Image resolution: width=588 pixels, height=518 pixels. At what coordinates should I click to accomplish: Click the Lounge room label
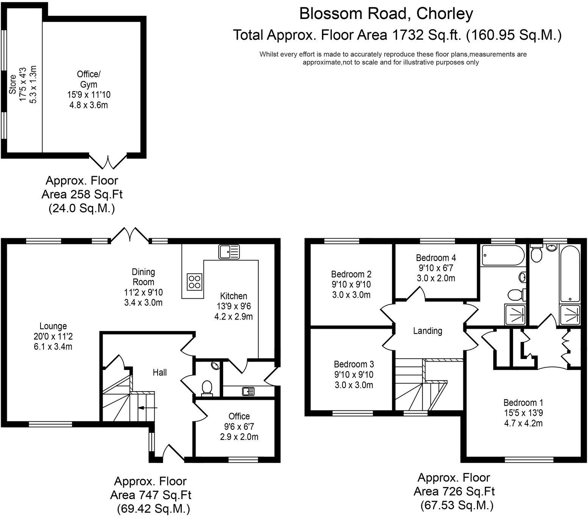53,326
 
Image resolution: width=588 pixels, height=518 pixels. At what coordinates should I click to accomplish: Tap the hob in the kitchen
194,281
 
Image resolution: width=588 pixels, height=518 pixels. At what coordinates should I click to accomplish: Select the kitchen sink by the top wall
229,252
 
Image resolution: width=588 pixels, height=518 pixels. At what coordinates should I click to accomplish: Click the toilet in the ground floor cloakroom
207,387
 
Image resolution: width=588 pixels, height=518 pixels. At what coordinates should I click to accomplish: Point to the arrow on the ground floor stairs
148,408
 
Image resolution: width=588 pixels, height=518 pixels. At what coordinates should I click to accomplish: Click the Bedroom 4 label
436,258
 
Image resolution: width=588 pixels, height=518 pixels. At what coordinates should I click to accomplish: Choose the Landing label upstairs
427,331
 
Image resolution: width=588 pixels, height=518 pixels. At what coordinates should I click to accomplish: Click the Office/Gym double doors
108,162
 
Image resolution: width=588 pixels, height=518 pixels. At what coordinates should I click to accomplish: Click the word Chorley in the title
444,14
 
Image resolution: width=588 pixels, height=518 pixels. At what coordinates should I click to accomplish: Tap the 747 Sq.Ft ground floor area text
150,495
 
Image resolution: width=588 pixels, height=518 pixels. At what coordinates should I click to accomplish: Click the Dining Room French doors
130,234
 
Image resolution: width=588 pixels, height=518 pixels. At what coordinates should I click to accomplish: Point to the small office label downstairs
239,416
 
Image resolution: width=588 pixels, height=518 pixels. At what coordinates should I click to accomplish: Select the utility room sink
248,391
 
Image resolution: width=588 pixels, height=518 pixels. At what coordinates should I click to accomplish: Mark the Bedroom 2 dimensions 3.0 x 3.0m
351,295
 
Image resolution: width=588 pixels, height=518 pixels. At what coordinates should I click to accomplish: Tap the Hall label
160,373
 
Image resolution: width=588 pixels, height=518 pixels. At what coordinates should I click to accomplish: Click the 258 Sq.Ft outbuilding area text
82,194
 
